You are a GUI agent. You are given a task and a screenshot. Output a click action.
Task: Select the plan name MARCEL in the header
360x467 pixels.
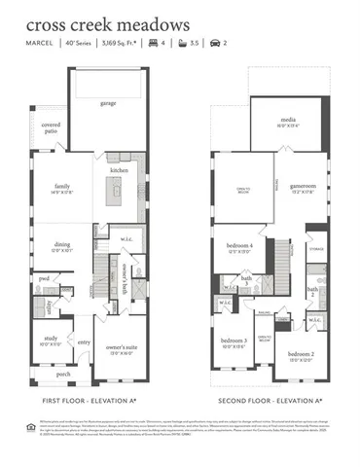38,44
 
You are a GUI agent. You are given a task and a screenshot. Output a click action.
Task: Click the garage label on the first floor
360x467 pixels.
107,102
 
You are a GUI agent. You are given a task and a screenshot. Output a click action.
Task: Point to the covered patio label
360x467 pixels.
52,129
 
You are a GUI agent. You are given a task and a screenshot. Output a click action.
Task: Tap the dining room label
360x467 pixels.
62,246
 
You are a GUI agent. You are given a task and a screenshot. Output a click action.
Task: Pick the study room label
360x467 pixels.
50,341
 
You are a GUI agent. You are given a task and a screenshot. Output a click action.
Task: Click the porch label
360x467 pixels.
63,374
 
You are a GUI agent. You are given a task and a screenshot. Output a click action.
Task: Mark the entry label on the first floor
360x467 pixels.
84,342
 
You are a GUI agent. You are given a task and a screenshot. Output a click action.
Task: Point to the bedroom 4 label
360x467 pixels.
238,246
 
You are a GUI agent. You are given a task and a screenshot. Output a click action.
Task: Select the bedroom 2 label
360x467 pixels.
300,355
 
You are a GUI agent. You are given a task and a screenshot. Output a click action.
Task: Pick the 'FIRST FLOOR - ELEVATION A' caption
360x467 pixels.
90,400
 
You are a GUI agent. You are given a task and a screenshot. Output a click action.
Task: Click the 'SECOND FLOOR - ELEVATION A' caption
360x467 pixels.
269,400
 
